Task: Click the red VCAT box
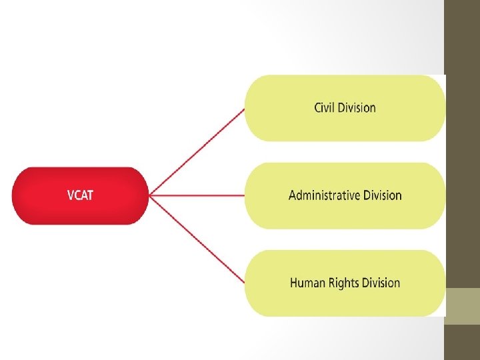tap(80, 195)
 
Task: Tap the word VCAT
tap(81, 195)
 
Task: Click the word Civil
tap(325, 107)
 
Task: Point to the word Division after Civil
tap(357, 107)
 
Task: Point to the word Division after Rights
tap(381, 283)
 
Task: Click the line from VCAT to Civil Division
tap(197, 152)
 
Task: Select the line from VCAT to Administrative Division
tap(197, 195)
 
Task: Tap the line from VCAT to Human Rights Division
tap(197, 239)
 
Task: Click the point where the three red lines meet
tap(150, 195)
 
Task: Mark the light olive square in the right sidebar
tap(462, 306)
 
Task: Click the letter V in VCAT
tap(71, 195)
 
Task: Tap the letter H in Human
tap(294, 283)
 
